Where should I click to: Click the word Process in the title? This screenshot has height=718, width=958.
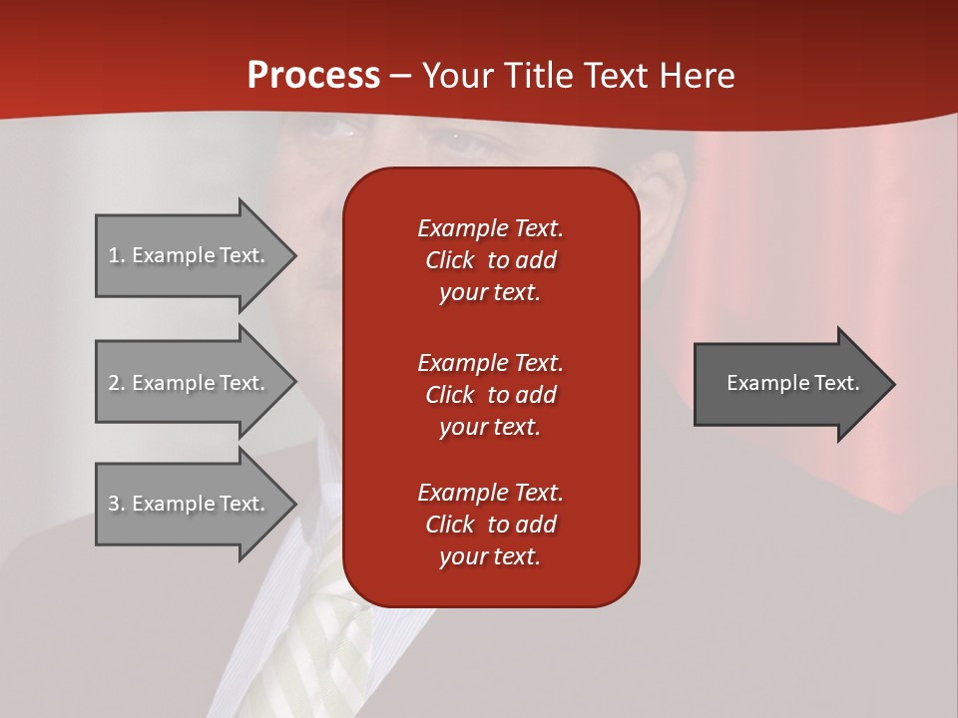pyautogui.click(x=313, y=76)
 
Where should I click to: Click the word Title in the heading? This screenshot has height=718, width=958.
pyautogui.click(x=537, y=76)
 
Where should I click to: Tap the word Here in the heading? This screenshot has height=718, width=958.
pyautogui.click(x=696, y=76)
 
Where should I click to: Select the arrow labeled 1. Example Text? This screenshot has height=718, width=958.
pyautogui.click(x=190, y=255)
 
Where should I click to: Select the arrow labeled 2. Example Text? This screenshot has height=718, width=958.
pyautogui.click(x=190, y=383)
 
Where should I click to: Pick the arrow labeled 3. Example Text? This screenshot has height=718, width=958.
pyautogui.click(x=190, y=504)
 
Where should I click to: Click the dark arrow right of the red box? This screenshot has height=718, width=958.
pyautogui.click(x=788, y=383)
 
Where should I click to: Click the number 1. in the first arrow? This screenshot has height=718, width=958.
pyautogui.click(x=116, y=255)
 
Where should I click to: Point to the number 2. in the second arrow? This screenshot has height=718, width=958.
pyautogui.click(x=116, y=383)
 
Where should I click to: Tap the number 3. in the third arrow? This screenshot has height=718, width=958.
pyautogui.click(x=116, y=504)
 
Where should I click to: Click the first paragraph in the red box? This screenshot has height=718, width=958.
pyautogui.click(x=490, y=260)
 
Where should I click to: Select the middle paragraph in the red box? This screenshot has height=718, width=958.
pyautogui.click(x=490, y=395)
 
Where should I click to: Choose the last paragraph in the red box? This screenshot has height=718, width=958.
pyautogui.click(x=490, y=525)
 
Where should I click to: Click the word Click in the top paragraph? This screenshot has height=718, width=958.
pyautogui.click(x=450, y=260)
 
